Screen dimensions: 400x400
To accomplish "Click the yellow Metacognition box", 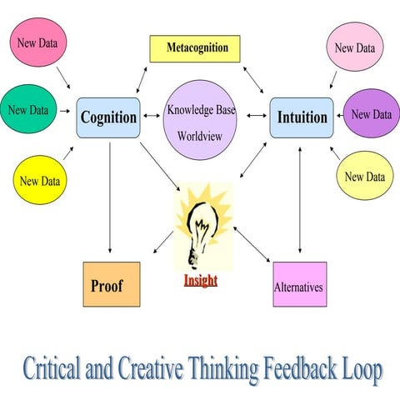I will tap(198, 48).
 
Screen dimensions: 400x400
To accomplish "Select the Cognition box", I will tap(108, 117).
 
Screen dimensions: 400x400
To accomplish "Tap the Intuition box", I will tap(302, 117).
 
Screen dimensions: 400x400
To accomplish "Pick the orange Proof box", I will tap(111, 284).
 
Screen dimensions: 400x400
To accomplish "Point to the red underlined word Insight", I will tap(201, 281).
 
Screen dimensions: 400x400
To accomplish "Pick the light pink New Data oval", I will tap(355, 47).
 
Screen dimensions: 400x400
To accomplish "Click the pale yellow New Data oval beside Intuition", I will tap(365, 177).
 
